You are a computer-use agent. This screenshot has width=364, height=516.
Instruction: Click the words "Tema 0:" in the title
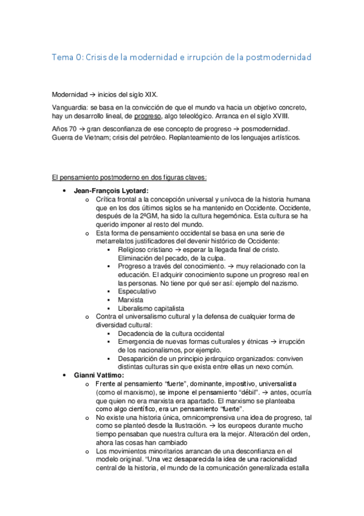(66, 57)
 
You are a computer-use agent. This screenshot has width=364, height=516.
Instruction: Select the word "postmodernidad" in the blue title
(277, 57)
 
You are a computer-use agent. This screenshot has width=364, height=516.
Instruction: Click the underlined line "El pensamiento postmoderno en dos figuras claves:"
(129, 177)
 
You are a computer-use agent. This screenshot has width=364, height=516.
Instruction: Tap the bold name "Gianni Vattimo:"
(98, 375)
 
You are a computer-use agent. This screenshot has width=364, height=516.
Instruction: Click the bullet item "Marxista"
(131, 300)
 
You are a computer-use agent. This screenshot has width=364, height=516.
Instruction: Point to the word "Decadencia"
(136, 333)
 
